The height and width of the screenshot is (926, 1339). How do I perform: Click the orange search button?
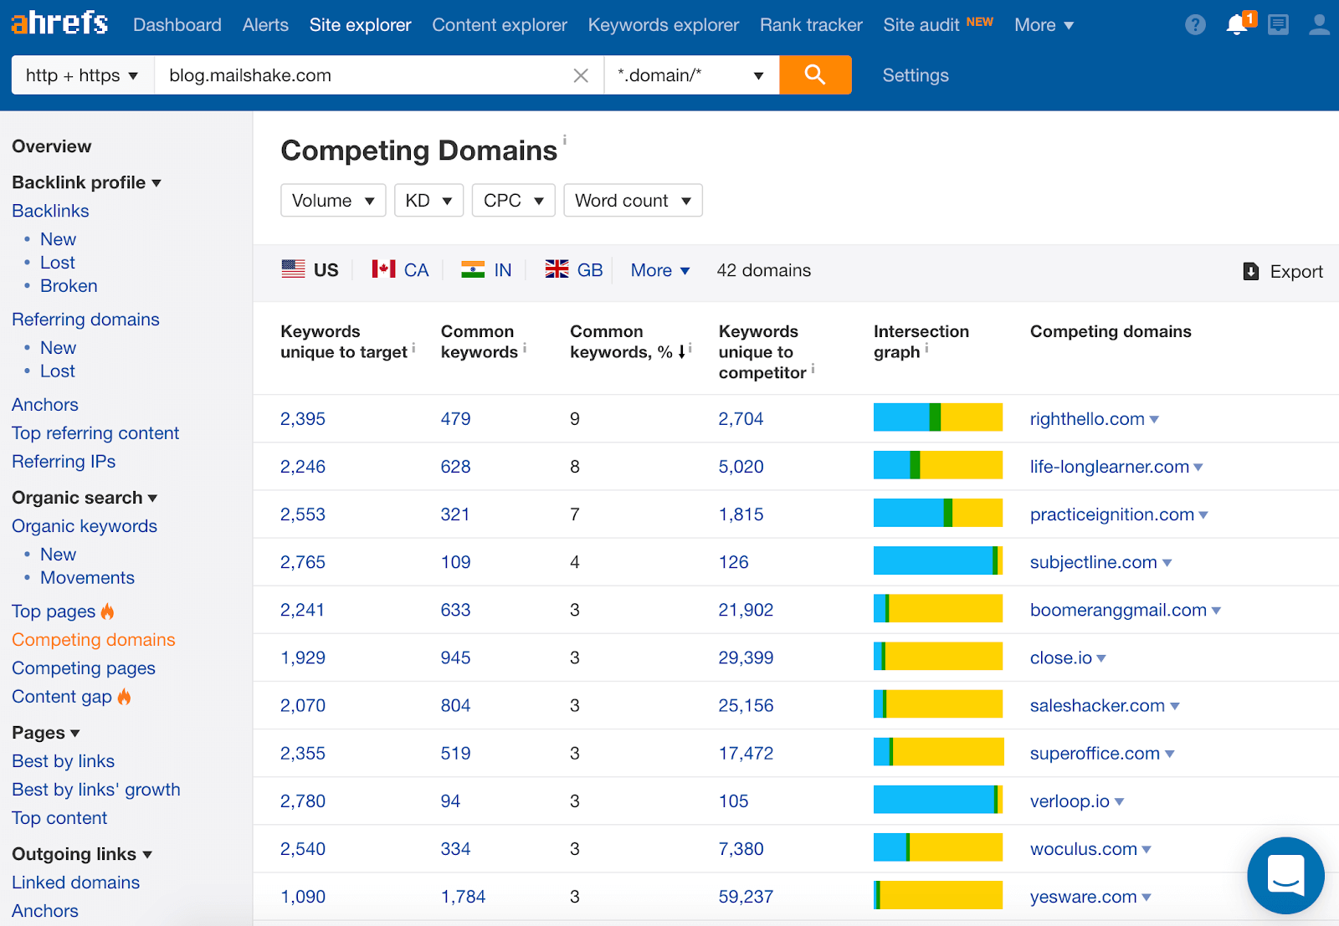coord(814,75)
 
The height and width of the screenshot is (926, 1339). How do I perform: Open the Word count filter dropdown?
coord(633,201)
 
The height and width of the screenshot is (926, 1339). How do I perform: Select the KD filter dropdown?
coord(428,201)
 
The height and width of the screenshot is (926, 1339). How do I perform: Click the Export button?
coord(1284,271)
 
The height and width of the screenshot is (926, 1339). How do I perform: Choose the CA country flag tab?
coord(401,270)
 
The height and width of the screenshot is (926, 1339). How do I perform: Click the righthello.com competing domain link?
coord(1086,419)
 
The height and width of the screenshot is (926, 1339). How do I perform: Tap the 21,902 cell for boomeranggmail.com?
coord(745,610)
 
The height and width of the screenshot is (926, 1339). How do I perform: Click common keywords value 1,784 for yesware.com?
coord(463,897)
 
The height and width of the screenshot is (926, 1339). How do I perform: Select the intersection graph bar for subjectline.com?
coord(937,560)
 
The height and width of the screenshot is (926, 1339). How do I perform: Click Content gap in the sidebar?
coord(62,697)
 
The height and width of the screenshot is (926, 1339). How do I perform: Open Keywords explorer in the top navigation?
coord(663,25)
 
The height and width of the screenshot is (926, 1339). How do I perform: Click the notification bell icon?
coord(1236,25)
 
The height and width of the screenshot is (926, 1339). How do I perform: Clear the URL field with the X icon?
coord(581,76)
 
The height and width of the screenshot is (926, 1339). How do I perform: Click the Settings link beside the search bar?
coord(915,75)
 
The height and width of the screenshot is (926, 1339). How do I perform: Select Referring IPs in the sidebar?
coord(64,462)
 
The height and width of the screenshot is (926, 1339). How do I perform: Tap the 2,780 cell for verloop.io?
coord(302,801)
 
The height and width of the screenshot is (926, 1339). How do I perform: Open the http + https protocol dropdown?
coord(82,75)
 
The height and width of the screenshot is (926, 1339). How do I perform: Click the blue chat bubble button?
coord(1285,875)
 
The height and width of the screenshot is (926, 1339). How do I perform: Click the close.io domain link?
coord(1060,658)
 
